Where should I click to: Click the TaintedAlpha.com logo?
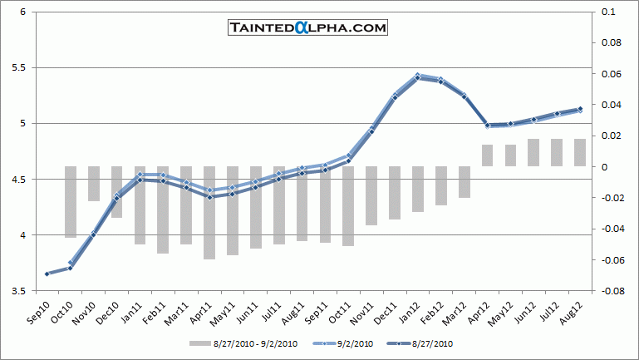(x=308, y=27)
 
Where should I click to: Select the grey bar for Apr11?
(x=209, y=213)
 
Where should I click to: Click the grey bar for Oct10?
(x=71, y=202)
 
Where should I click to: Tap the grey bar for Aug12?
(x=579, y=152)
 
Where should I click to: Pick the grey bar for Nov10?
(x=94, y=184)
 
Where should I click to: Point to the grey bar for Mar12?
(x=464, y=182)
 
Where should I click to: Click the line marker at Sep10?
(x=47, y=274)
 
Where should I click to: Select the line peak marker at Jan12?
(x=417, y=76)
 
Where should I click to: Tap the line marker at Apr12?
(x=487, y=126)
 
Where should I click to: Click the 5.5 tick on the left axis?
(x=22, y=67)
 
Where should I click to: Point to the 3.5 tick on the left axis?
(x=22, y=291)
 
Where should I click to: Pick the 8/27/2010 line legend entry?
(x=425, y=343)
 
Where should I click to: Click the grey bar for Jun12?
(x=533, y=152)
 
